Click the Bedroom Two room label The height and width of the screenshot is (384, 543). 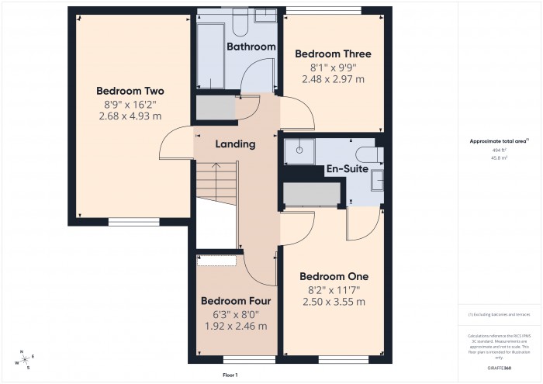(x=130, y=91)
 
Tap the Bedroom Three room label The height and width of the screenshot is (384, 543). (x=334, y=54)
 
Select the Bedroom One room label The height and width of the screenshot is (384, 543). (x=334, y=276)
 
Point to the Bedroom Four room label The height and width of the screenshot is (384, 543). (x=236, y=301)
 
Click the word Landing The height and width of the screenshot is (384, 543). (x=235, y=144)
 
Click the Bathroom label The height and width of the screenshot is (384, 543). (x=251, y=47)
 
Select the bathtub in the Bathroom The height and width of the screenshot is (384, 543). (x=209, y=54)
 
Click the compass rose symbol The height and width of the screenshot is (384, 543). (x=25, y=358)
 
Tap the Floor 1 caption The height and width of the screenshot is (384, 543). (x=230, y=375)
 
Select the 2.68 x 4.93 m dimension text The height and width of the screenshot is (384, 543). (x=130, y=116)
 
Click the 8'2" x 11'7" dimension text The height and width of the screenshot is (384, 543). (x=334, y=289)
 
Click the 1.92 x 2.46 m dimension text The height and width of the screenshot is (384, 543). (x=236, y=327)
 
